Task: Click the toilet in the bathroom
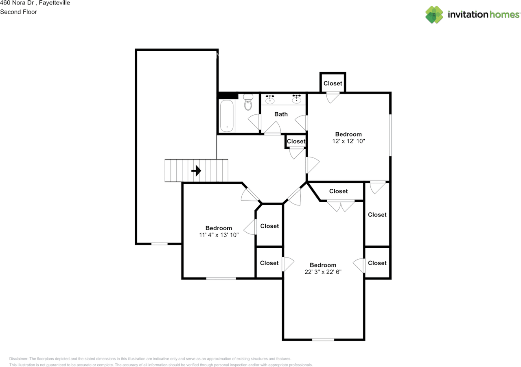pos(248,103)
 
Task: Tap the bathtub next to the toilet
pos(227,116)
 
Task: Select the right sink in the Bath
pos(296,99)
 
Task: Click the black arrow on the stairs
pos(197,170)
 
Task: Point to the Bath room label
pos(281,114)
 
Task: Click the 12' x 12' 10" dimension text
pos(348,142)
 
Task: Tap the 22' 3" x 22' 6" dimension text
pos(323,272)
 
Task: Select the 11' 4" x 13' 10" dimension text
pos(219,235)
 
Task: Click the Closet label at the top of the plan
pos(333,83)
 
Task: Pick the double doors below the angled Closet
pos(341,206)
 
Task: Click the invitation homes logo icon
pos(434,15)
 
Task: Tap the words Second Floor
pos(18,12)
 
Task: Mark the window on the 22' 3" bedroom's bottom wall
pos(323,339)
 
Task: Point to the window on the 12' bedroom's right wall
pos(390,135)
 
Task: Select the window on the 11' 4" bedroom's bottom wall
pos(221,278)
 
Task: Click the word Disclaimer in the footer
pos(19,359)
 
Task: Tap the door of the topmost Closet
pos(333,97)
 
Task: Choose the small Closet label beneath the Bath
pos(296,142)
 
